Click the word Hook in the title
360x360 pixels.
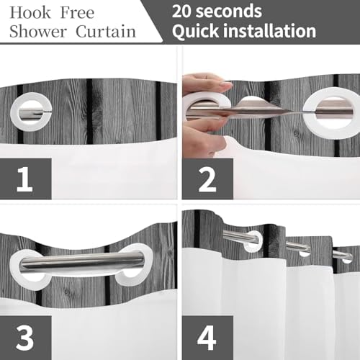tap(30, 12)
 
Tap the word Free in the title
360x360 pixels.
tap(77, 12)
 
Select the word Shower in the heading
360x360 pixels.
tap(37, 31)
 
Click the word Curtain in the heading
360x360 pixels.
tap(106, 31)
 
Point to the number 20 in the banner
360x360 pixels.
tap(181, 12)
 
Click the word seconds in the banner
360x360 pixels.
tap(229, 12)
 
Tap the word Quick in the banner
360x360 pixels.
tap(195, 31)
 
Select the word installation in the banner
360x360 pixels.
tap(269, 31)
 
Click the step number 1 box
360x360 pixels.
tap(26, 179)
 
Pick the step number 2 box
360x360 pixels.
tap(207, 179)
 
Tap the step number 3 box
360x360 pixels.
tap(26, 338)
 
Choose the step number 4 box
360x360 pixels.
tap(207, 338)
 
